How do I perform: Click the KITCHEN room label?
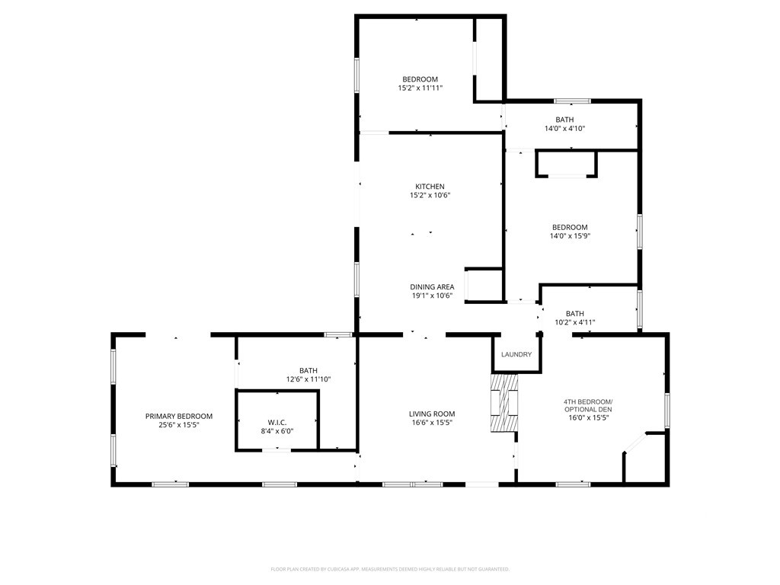[430, 187]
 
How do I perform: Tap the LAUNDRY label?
[516, 354]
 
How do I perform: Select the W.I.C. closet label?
[277, 422]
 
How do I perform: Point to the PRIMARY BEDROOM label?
[178, 416]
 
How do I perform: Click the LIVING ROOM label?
[432, 414]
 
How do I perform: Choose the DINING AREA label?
[432, 286]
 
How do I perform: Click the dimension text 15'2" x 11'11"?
[420, 88]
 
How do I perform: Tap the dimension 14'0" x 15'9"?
[570, 236]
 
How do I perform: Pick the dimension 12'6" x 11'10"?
[308, 379]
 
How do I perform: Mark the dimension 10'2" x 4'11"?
[574, 322]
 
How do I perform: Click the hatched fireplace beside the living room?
[504, 402]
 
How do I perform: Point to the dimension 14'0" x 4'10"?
[564, 128]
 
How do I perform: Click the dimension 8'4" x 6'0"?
[277, 431]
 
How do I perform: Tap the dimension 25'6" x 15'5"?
[178, 425]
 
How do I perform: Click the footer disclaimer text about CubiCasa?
[390, 569]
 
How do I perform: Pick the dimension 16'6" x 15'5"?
[432, 422]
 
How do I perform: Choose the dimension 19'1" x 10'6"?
[432, 296]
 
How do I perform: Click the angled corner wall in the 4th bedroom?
[635, 443]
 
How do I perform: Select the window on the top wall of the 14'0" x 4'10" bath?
[573, 101]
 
